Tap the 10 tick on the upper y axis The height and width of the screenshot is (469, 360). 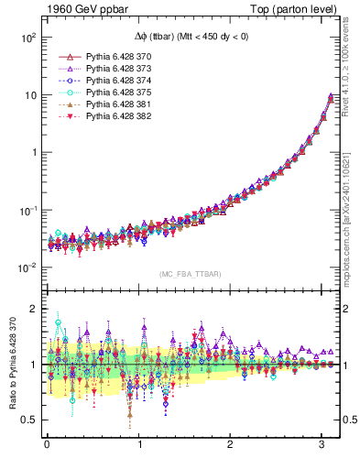(x=29, y=95)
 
